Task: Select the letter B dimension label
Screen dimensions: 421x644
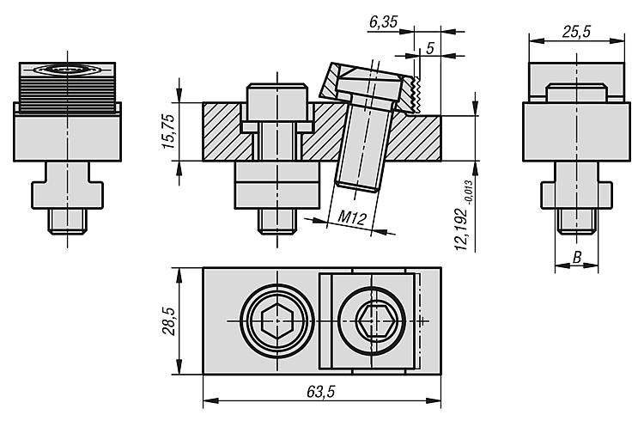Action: tap(577, 256)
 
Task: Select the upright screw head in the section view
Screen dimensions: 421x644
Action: tap(276, 102)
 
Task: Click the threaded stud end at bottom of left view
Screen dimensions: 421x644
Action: tap(67, 221)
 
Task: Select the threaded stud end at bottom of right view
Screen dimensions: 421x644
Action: tap(577, 221)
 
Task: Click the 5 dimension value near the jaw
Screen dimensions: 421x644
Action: tap(430, 48)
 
